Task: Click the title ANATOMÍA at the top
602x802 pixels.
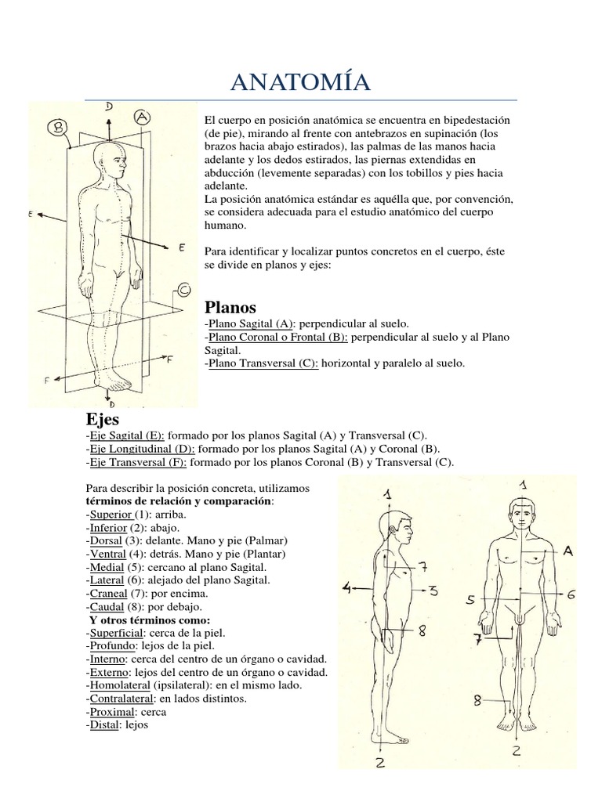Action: (x=301, y=81)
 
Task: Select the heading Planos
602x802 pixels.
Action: (x=230, y=306)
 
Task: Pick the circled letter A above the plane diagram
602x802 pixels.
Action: (x=142, y=116)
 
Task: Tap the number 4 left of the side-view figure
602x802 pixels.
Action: (x=346, y=586)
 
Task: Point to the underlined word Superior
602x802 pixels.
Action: (x=110, y=515)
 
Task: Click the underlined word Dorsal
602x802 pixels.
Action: (x=106, y=540)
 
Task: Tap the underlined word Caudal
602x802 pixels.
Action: (x=107, y=606)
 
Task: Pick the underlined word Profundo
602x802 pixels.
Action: (x=111, y=645)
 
